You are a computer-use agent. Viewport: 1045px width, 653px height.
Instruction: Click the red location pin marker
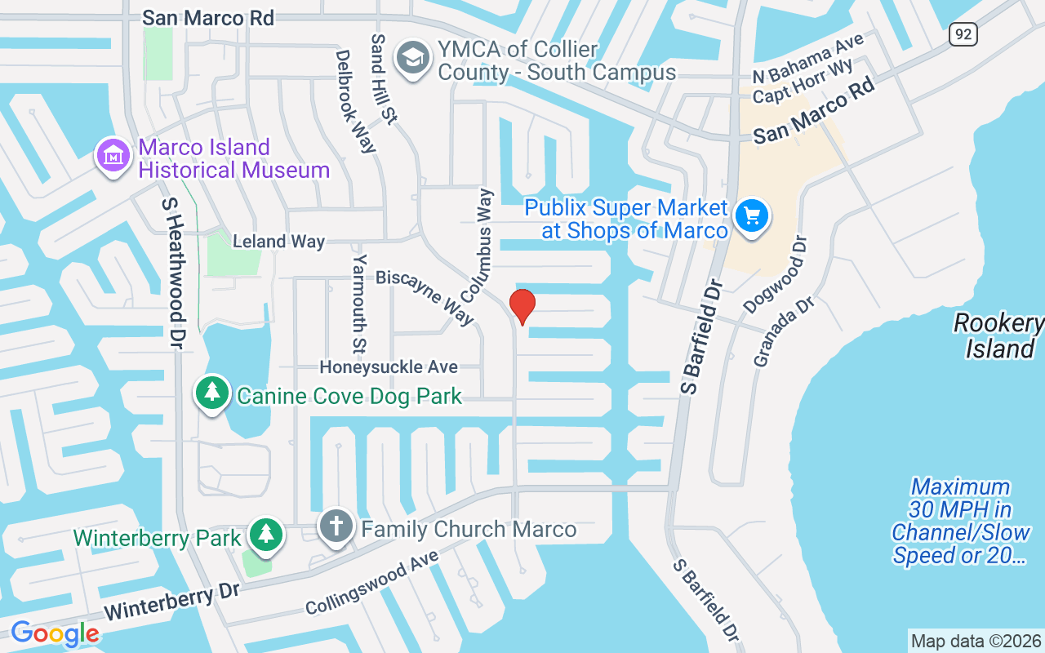[x=522, y=307]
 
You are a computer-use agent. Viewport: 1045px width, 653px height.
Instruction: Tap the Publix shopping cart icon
[x=751, y=216]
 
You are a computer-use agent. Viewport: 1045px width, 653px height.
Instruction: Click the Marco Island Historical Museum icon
[x=114, y=156]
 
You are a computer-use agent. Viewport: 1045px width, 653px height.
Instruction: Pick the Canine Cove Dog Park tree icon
[x=212, y=393]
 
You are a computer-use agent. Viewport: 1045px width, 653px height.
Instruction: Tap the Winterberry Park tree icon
[x=265, y=535]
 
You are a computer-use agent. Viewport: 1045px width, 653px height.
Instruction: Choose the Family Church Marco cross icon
[x=336, y=526]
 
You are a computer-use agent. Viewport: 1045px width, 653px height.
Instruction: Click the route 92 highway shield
[x=963, y=34]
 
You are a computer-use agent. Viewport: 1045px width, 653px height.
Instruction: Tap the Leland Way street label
[x=278, y=242]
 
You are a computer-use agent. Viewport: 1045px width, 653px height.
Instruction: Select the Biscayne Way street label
[x=425, y=297]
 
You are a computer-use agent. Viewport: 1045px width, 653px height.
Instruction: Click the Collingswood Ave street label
[x=371, y=582]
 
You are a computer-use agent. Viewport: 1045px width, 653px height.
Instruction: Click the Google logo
[x=55, y=633]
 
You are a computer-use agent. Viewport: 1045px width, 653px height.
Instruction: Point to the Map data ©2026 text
[x=976, y=641]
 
